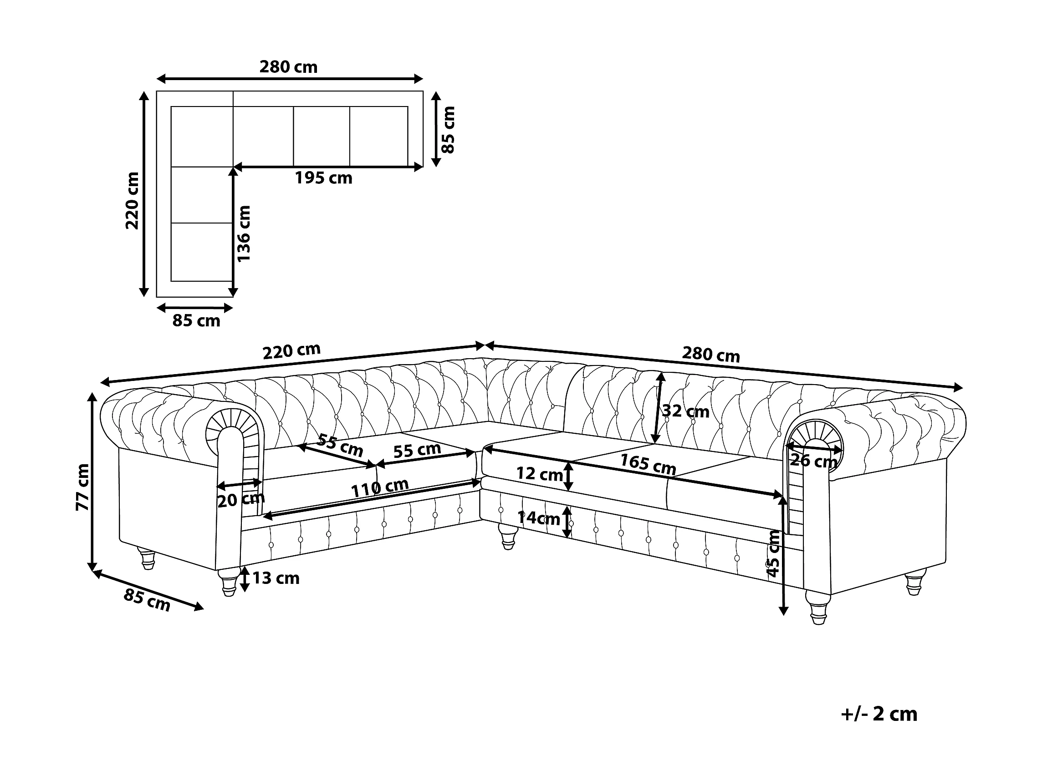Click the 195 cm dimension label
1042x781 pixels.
pos(324,178)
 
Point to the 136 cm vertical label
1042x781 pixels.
pos(244,233)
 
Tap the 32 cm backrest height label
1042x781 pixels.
pos(686,411)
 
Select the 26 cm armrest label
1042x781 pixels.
pos(813,461)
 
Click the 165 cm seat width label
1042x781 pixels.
pos(648,464)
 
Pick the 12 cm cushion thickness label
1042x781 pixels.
pos(540,474)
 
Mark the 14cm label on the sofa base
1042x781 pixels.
pos(539,518)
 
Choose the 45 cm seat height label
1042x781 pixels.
pos(773,553)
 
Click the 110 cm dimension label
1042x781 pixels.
pos(380,488)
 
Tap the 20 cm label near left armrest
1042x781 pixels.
pos(241,499)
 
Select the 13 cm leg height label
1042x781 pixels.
pos(276,578)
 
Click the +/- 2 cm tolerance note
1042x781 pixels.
pos(879,714)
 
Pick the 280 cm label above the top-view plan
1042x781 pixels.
pos(288,67)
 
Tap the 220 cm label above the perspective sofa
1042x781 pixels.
pos(291,351)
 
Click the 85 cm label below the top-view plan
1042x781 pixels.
pos(196,320)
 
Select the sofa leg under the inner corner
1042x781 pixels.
pos(508,537)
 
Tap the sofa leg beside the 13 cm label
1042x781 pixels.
pos(229,583)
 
